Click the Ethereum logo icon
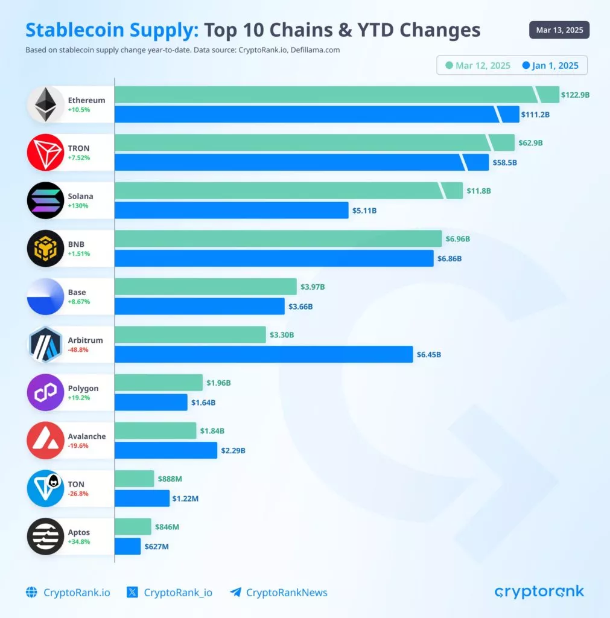[45, 104]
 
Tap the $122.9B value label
[575, 95]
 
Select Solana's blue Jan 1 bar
[231, 210]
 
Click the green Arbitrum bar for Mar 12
[190, 335]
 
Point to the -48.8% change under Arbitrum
[79, 349]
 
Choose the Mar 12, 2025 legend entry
[477, 65]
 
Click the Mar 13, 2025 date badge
[559, 30]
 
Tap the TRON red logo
[45, 153]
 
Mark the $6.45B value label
[428, 354]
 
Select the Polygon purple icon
[45, 392]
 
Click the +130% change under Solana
[78, 206]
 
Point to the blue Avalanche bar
[166, 450]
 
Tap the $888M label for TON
[170, 479]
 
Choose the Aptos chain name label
[79, 532]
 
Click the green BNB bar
[278, 239]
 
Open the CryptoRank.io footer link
[68, 593]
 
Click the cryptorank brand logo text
[539, 591]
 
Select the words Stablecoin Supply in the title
[112, 30]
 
